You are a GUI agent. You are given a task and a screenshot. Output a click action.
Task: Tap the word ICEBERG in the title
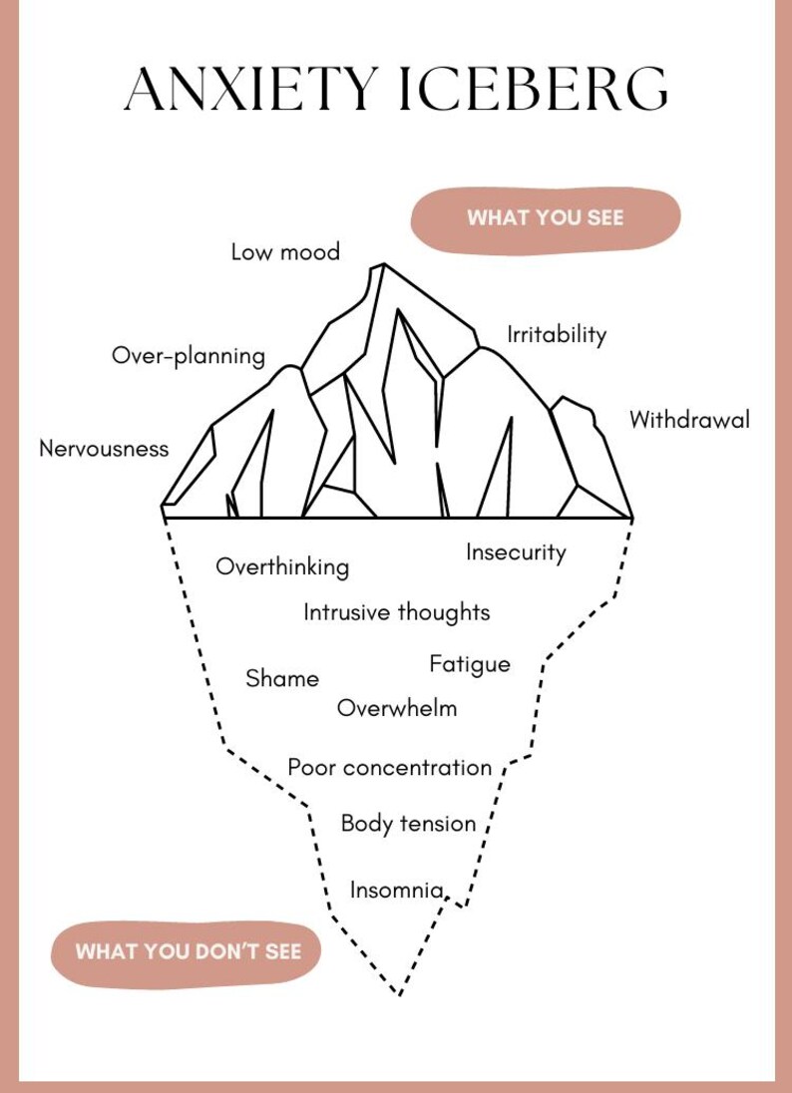(534, 90)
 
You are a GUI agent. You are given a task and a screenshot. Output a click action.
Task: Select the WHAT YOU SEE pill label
(546, 217)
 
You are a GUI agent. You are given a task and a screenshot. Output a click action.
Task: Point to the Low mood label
(285, 251)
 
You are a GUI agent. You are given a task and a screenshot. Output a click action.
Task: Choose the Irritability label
(557, 335)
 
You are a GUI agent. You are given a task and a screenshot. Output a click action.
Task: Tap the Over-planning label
(189, 356)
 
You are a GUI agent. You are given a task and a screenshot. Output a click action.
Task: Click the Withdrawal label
(689, 420)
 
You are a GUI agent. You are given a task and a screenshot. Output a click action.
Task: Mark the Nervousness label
(104, 448)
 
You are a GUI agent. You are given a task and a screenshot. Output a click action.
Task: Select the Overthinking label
(282, 566)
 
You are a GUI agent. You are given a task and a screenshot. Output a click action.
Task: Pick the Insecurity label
(516, 552)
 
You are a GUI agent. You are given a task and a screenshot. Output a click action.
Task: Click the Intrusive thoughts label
(397, 612)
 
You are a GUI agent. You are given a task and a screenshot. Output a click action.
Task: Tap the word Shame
(282, 678)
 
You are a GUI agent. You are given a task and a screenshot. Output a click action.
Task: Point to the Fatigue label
(470, 665)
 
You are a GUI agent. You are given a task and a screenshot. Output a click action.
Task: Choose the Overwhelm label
(397, 708)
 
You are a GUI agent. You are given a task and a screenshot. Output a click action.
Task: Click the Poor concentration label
(390, 768)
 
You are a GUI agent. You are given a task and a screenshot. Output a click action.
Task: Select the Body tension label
(409, 824)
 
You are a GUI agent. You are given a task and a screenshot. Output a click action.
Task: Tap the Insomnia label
(397, 891)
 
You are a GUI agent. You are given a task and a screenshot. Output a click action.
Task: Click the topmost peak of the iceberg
(383, 264)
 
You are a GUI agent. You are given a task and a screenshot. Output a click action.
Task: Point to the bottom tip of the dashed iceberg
(399, 994)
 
